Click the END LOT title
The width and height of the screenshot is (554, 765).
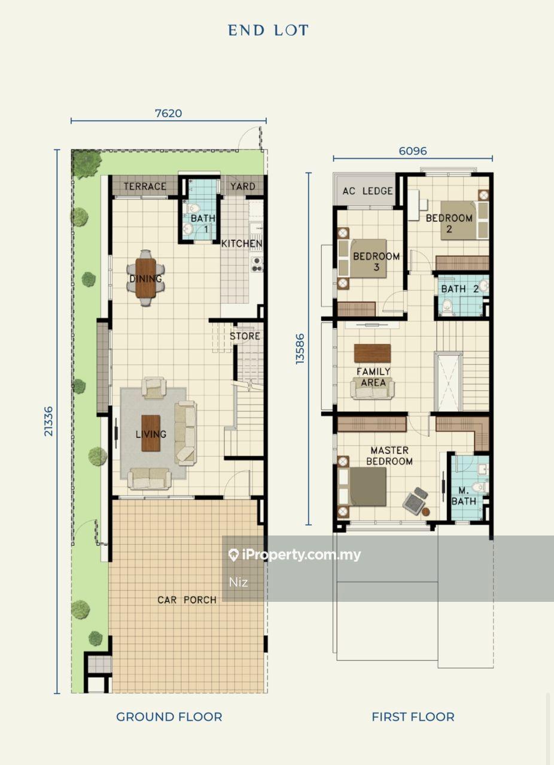coord(268,30)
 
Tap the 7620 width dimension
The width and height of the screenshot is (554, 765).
coord(168,113)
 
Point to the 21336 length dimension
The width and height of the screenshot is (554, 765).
coord(49,421)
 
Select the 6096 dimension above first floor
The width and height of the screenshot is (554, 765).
coord(413,151)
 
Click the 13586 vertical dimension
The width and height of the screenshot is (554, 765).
coord(300,348)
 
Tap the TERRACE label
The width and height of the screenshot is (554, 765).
coord(145,186)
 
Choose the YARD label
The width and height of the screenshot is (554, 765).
coord(243,186)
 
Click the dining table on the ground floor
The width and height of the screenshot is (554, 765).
coord(146,278)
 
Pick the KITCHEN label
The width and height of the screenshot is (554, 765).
coord(242,243)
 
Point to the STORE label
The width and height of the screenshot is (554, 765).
coord(245,336)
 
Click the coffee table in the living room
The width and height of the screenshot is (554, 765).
coord(151,433)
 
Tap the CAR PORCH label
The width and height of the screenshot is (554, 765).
coord(187,600)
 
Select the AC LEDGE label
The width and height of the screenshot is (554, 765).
coord(367,191)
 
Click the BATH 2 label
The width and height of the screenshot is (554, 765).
coord(460,289)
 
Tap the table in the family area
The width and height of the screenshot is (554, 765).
coord(372,353)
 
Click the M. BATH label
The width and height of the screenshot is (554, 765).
coord(464,496)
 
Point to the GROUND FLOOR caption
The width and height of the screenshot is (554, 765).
coord(169,717)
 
